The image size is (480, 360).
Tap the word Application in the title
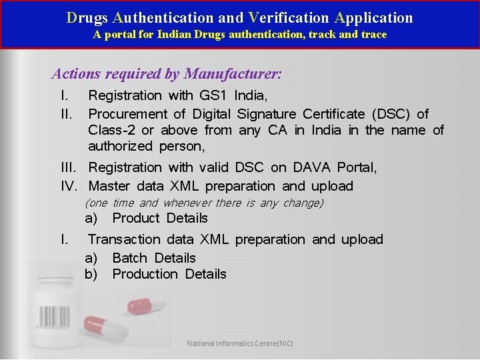tap(373, 18)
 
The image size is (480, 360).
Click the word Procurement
tap(128, 115)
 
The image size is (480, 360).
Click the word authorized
tap(121, 146)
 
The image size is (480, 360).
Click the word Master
tap(110, 186)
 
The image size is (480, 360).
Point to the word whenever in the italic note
tap(187, 203)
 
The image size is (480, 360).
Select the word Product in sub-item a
tap(136, 218)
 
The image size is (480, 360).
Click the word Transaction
tap(125, 239)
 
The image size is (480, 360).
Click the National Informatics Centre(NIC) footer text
tap(239, 344)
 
